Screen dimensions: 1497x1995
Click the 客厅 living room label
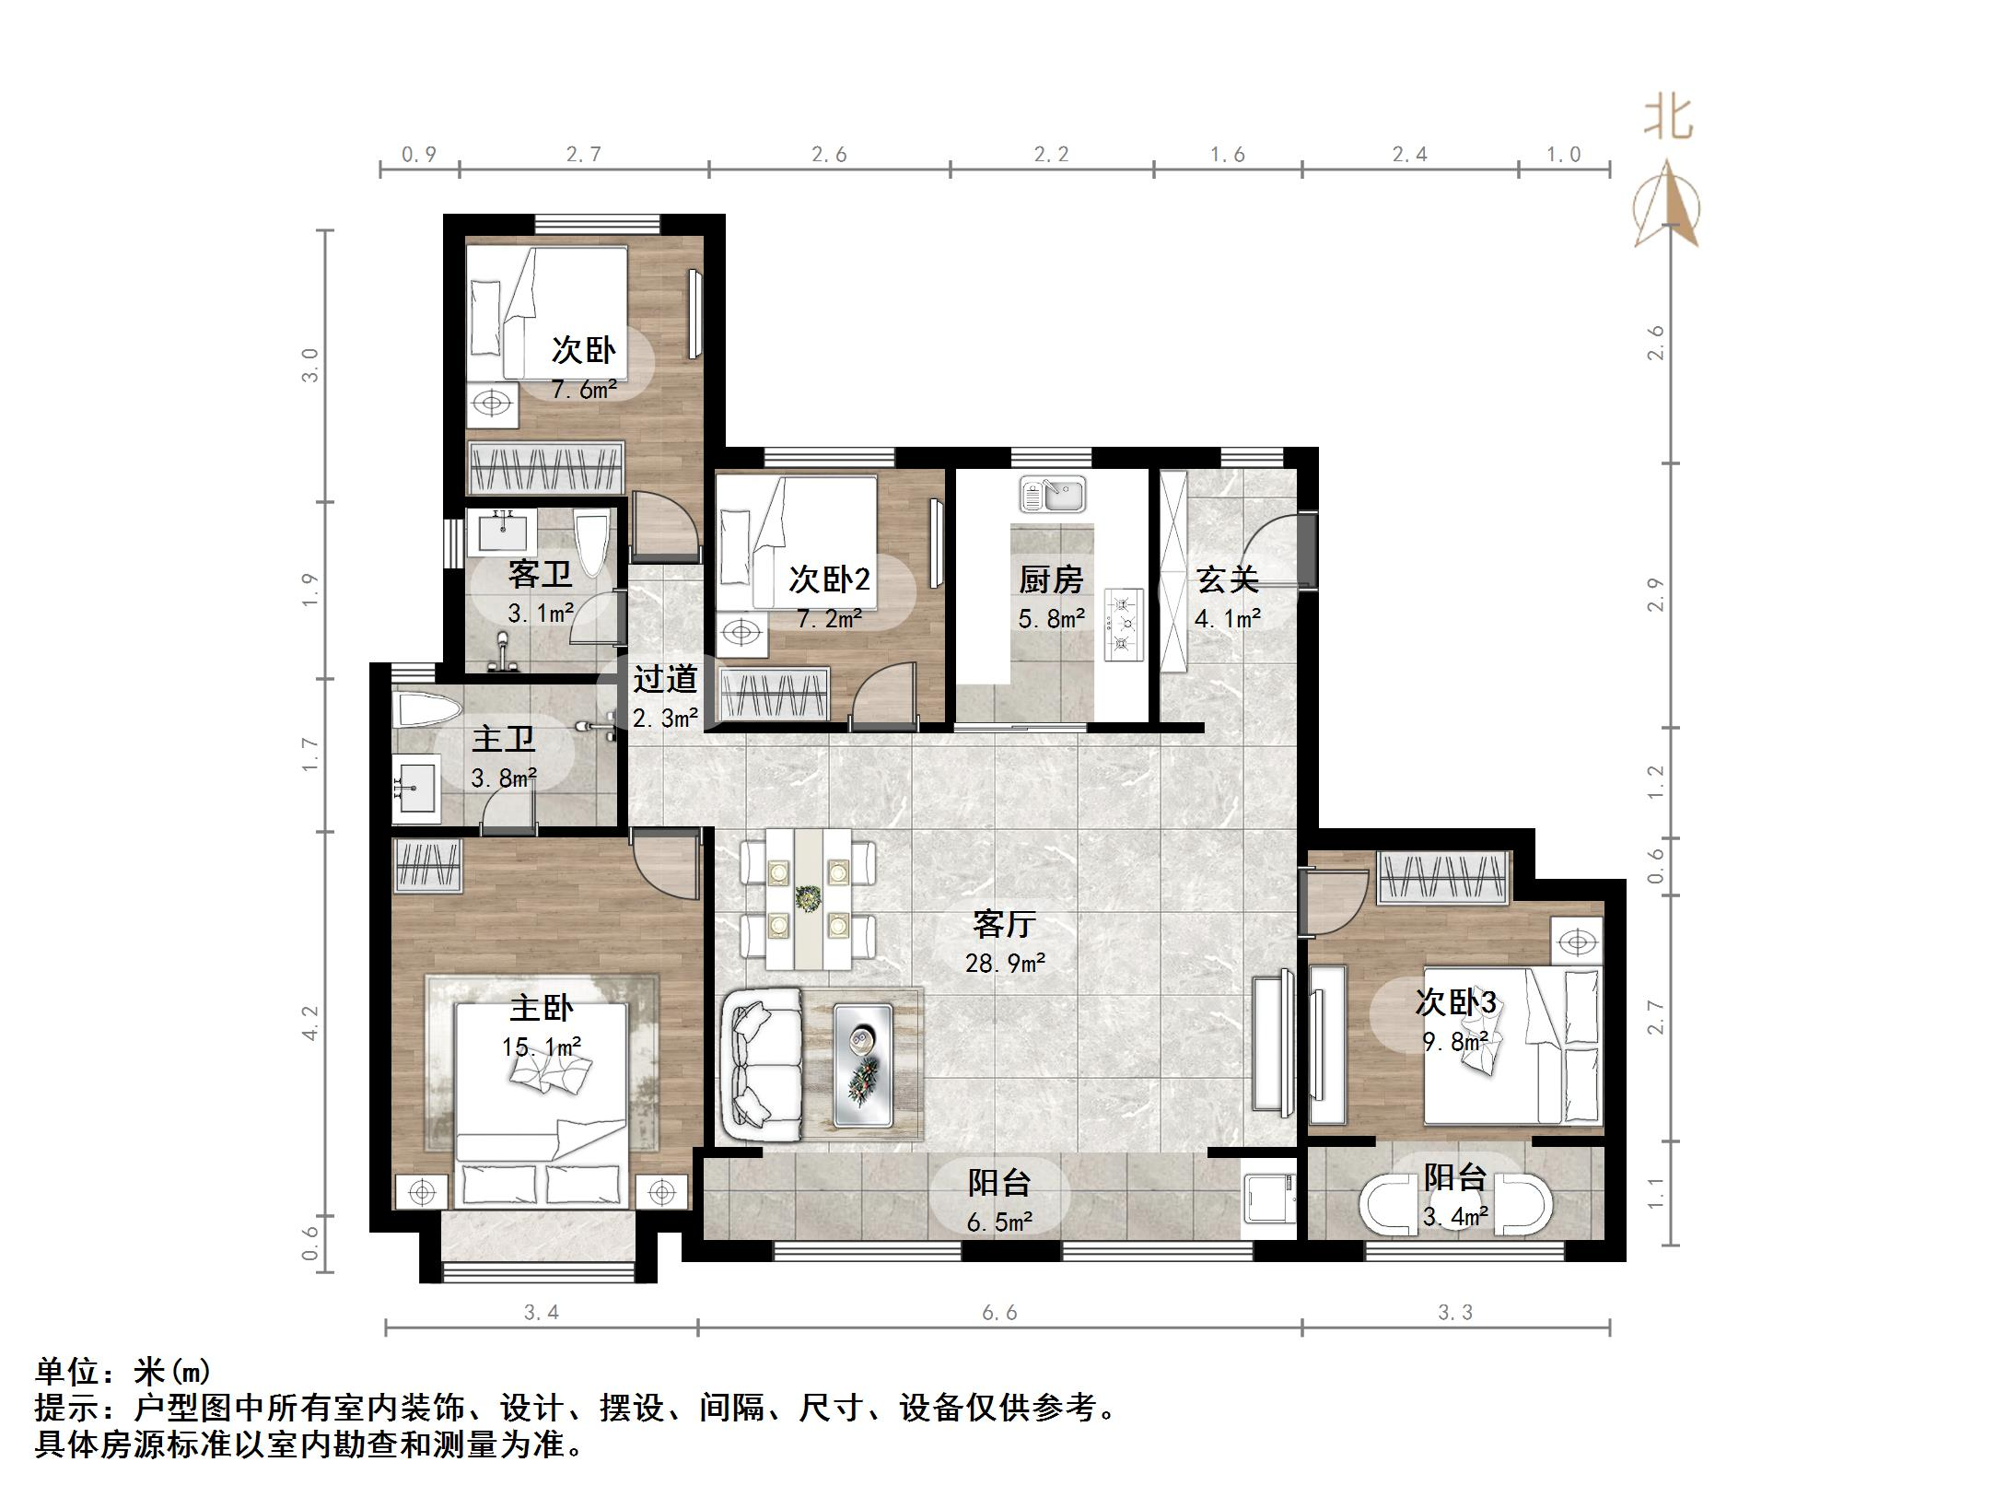(x=1004, y=923)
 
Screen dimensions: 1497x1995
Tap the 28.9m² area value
(x=1004, y=964)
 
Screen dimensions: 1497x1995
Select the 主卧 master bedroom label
(x=542, y=1008)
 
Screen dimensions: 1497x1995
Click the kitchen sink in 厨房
(x=1052, y=495)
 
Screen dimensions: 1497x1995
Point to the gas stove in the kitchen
(x=1123, y=624)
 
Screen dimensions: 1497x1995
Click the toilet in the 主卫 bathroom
(x=426, y=711)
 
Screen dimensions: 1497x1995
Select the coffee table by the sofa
(x=862, y=1064)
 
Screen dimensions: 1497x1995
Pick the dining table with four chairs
(x=809, y=898)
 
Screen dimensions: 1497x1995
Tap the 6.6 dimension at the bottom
(x=999, y=1313)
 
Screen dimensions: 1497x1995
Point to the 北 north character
(x=1668, y=120)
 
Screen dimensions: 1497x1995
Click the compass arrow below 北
(x=1667, y=207)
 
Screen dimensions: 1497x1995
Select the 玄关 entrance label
(x=1227, y=579)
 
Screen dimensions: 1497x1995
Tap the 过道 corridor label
(x=664, y=679)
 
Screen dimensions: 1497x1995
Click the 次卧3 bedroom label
(x=1455, y=1002)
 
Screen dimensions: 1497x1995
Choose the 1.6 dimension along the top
(x=1227, y=155)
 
